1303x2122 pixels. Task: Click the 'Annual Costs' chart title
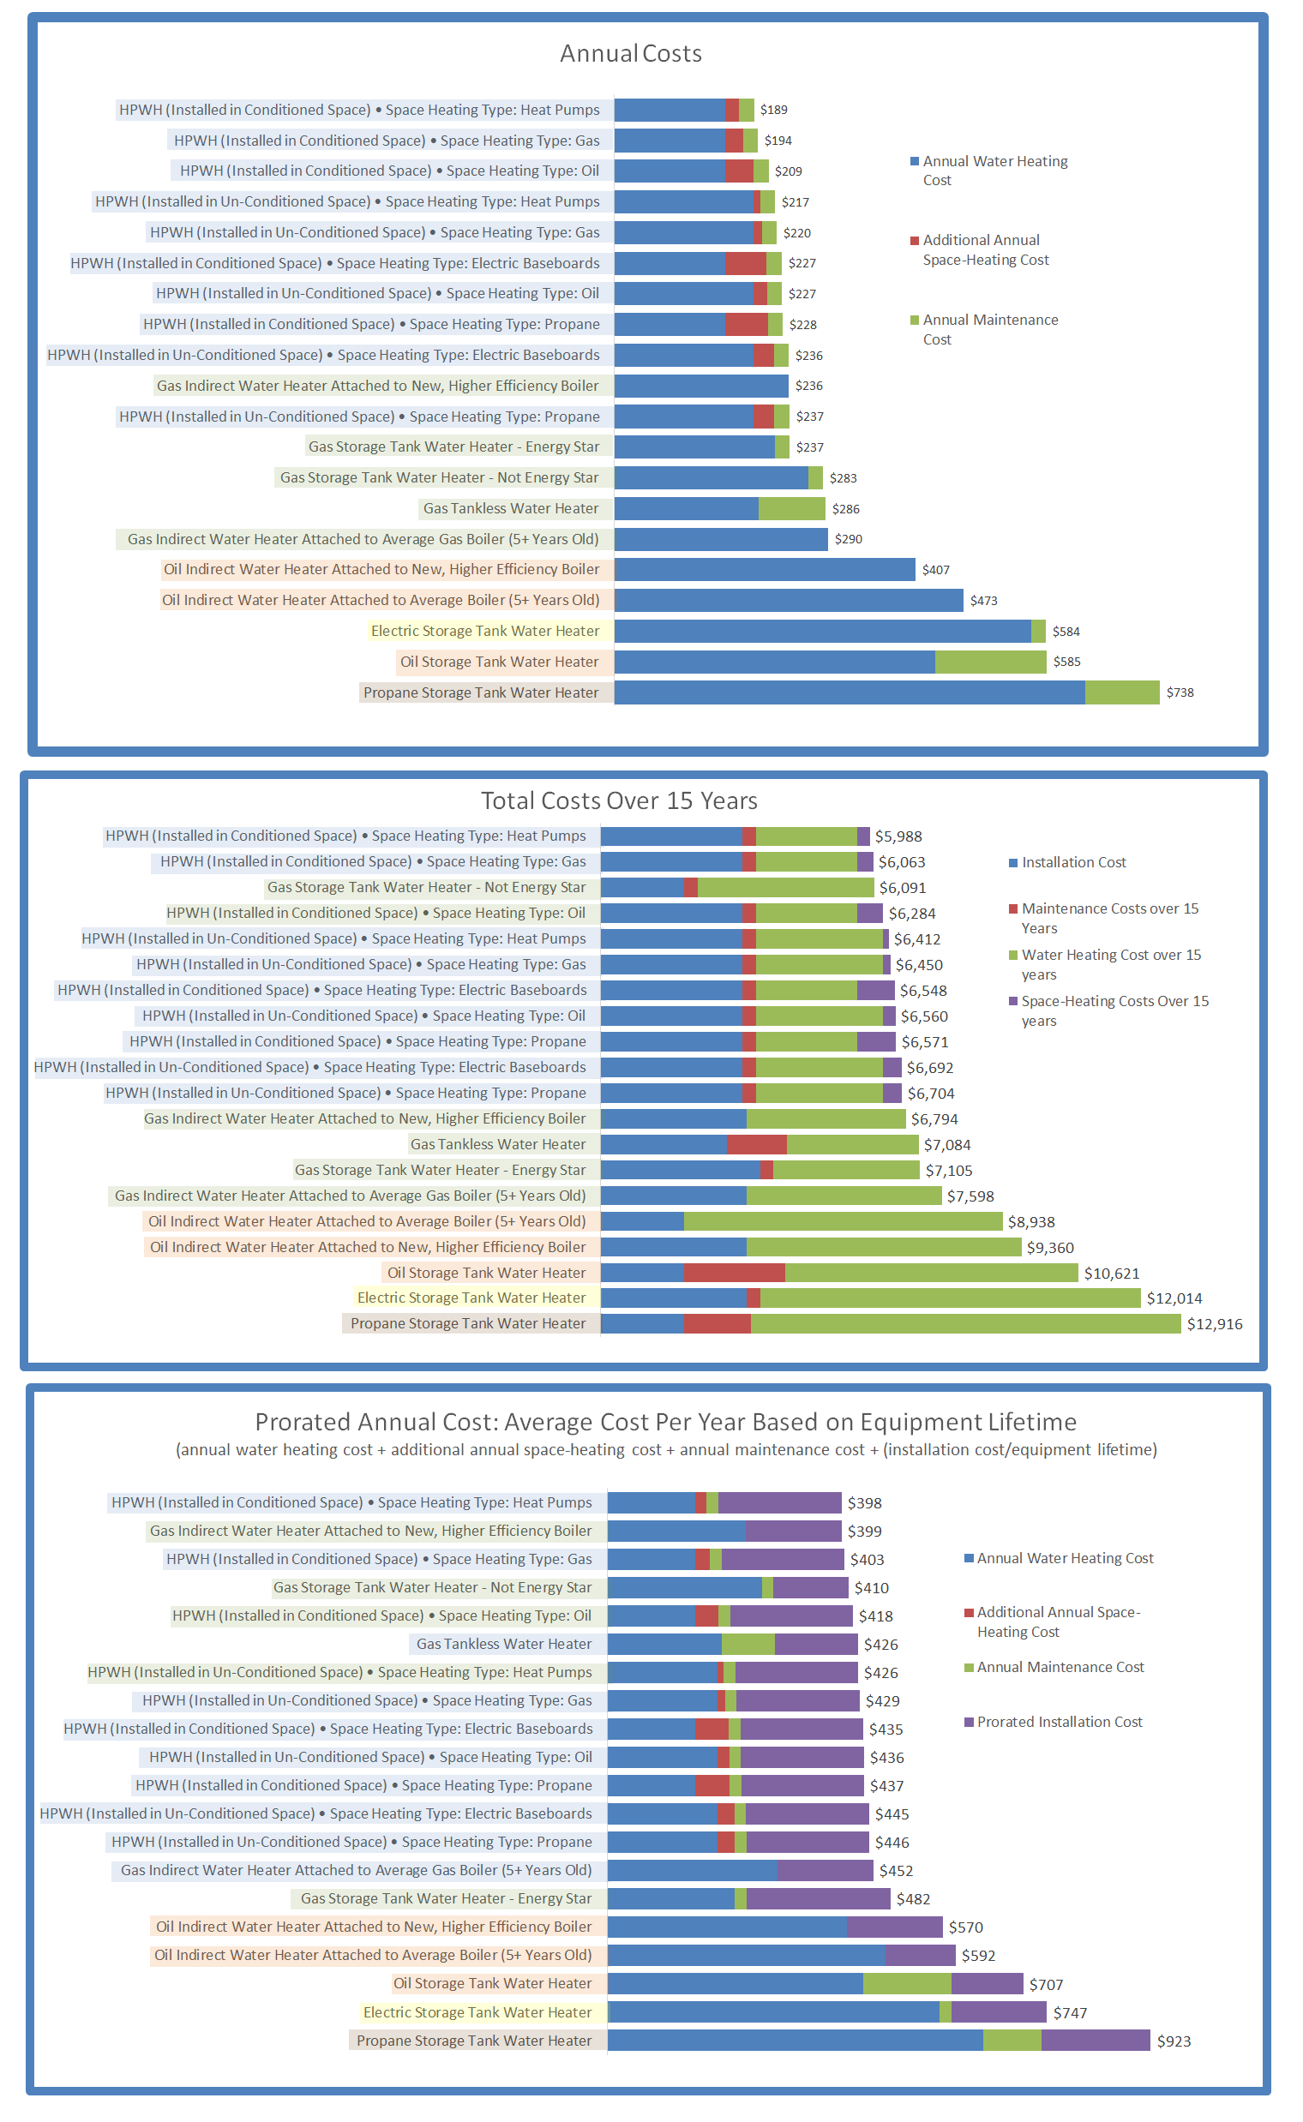click(x=631, y=53)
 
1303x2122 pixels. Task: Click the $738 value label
click(x=1180, y=692)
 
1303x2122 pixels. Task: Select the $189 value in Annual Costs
click(x=773, y=110)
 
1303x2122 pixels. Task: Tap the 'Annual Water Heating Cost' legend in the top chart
click(x=994, y=171)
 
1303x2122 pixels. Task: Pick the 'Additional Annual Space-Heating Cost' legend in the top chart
click(x=985, y=250)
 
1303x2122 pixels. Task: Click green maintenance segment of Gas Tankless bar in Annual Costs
click(x=791, y=508)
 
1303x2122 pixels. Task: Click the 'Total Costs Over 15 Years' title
click(x=619, y=800)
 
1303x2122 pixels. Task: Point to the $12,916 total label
click(x=1214, y=1324)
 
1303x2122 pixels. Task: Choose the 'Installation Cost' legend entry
click(x=1073, y=862)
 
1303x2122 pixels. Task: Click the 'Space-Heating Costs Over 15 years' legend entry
click(x=1114, y=1010)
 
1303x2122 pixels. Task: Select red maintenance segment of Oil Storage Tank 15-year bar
click(x=735, y=1273)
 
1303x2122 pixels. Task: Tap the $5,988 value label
click(x=898, y=836)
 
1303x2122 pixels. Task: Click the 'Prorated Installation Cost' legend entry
click(x=1060, y=1722)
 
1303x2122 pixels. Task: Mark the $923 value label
click(x=1174, y=2041)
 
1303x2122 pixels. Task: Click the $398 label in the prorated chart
click(x=864, y=1503)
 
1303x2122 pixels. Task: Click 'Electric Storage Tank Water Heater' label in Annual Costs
click(x=484, y=632)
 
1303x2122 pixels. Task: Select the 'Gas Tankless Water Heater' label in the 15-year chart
click(x=497, y=1144)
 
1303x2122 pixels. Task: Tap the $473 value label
click(x=983, y=601)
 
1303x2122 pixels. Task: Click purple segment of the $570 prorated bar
click(x=893, y=1927)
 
